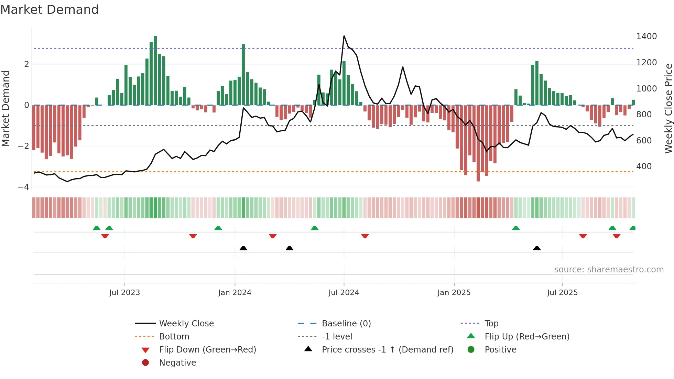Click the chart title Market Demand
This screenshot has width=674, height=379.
click(x=50, y=10)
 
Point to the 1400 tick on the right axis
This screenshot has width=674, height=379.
click(x=646, y=36)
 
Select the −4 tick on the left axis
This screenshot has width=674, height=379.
click(x=24, y=187)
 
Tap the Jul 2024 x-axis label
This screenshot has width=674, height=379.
click(x=344, y=293)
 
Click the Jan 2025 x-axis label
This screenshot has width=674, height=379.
click(x=454, y=293)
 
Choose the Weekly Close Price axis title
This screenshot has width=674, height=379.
click(x=668, y=108)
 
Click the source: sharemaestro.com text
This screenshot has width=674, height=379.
click(x=609, y=270)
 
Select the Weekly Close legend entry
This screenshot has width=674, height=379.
click(x=186, y=324)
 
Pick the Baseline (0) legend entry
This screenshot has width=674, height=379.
click(x=346, y=324)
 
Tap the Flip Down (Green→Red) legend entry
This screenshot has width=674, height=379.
click(x=207, y=350)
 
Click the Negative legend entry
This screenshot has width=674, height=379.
click(x=177, y=363)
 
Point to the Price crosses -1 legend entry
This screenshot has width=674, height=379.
click(x=387, y=350)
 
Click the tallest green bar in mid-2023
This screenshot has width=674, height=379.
click(x=155, y=69)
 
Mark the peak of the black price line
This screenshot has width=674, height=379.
click(x=344, y=36)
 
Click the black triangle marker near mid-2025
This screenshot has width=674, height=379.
click(x=537, y=248)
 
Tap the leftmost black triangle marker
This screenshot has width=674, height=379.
click(x=243, y=248)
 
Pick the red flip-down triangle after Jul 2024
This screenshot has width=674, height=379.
click(x=365, y=236)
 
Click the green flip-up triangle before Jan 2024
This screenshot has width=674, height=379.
click(x=218, y=228)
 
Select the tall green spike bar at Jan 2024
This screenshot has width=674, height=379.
click(x=243, y=74)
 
